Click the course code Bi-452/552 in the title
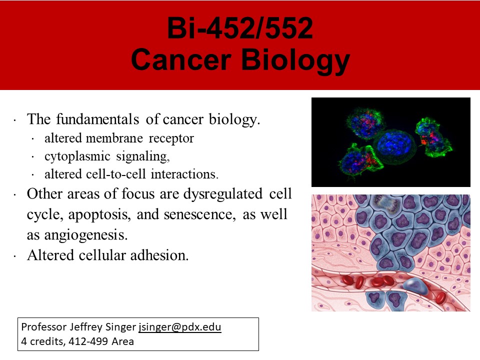point(240,28)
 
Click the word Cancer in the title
point(181,59)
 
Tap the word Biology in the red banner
point(295,61)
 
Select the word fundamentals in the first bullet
point(97,119)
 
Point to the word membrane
point(114,138)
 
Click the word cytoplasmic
point(77,156)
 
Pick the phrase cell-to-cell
point(115,174)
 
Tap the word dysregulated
point(222,194)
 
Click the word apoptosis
point(99,215)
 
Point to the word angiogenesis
point(85,235)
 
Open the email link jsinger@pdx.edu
point(179,327)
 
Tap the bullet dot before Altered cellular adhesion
point(14,256)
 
